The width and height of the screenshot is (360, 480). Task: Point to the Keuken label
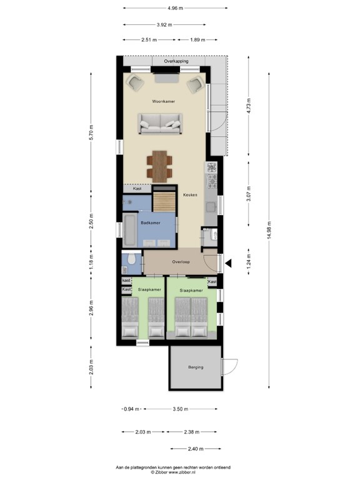coord(190,195)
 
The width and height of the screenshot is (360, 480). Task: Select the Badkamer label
coord(150,222)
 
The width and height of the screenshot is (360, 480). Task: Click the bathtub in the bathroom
coord(130,231)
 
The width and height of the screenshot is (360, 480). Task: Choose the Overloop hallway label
coord(181,262)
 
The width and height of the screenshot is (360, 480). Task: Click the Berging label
coord(196,367)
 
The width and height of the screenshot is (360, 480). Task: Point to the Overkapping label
coord(176,62)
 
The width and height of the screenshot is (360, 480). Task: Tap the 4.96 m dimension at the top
coord(175,8)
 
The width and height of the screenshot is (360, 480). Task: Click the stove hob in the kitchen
coord(212,167)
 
